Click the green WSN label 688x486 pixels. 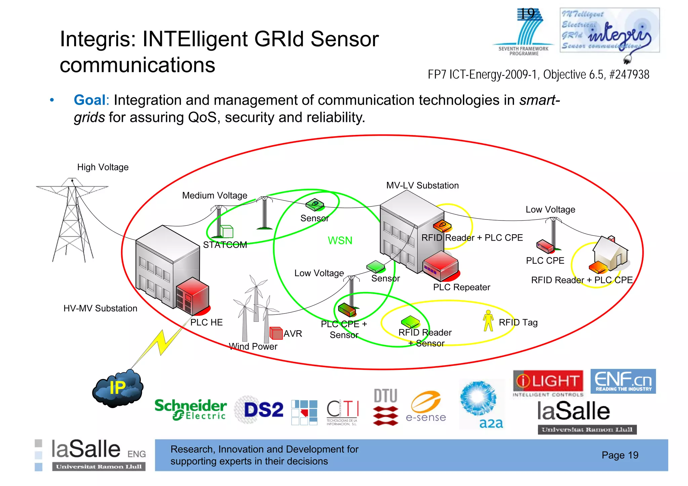(x=340, y=240)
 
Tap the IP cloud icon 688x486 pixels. (x=118, y=389)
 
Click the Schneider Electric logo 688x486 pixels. (x=190, y=409)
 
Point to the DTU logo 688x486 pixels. (x=386, y=407)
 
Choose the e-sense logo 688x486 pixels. (x=426, y=407)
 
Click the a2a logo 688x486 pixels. (x=481, y=404)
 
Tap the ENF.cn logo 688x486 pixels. (x=623, y=381)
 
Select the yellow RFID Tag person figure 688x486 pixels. (x=488, y=321)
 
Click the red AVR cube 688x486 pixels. (x=276, y=333)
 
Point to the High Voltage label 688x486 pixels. (x=103, y=167)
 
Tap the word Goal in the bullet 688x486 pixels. (x=90, y=100)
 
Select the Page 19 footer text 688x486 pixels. (x=620, y=455)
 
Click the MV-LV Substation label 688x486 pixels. (x=422, y=185)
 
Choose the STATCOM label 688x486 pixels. (x=225, y=245)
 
